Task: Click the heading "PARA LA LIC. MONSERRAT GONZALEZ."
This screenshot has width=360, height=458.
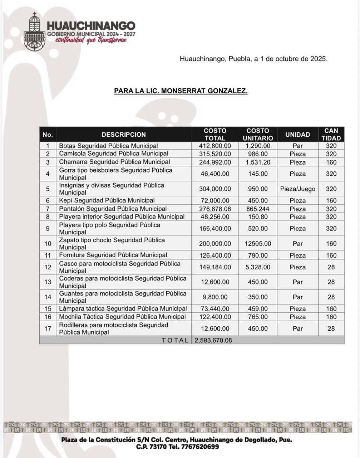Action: tap(181, 91)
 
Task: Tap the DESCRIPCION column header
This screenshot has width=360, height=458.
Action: tap(123, 135)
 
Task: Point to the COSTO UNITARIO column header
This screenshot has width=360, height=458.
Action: tap(257, 135)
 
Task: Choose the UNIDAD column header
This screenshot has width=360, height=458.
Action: tap(297, 135)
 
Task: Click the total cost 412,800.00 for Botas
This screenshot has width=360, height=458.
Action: tap(215, 146)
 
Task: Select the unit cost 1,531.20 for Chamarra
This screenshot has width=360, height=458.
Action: tap(257, 162)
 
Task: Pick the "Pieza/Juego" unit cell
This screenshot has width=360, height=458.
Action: tap(297, 189)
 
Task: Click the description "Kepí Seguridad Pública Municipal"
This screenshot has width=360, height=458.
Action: tap(107, 200)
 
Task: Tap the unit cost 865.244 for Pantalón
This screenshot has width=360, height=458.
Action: tap(257, 209)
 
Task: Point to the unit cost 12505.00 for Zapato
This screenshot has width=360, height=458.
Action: tap(257, 244)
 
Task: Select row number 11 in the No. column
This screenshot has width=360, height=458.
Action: tap(48, 255)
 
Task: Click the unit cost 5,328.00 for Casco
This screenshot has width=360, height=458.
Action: tap(257, 267)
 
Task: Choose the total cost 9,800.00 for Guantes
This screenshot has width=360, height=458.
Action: tap(215, 297)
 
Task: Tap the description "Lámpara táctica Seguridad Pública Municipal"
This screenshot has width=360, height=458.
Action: tap(123, 308)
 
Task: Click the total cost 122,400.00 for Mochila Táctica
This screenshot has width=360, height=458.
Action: tap(215, 317)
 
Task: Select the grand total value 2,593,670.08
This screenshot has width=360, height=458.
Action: tap(213, 340)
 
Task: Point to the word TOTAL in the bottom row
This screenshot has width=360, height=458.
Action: tap(175, 340)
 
